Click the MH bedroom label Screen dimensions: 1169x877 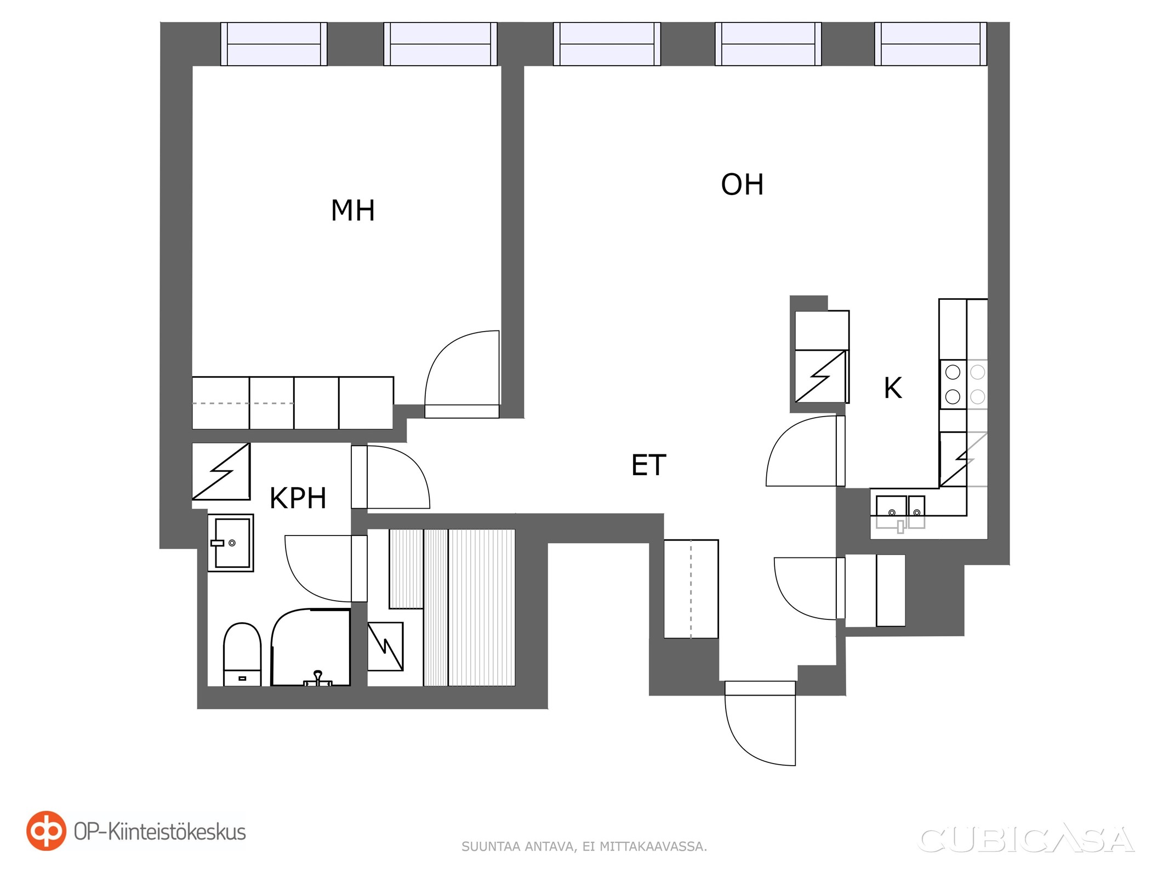[x=352, y=210]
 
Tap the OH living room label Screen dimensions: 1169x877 [x=742, y=185]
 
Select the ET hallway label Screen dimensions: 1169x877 [x=648, y=465]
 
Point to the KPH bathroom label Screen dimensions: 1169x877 [x=298, y=498]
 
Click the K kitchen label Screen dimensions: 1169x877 [x=893, y=388]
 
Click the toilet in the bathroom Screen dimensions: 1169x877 [x=242, y=654]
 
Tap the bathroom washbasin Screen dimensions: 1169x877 [x=231, y=543]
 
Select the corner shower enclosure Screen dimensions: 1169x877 [x=311, y=647]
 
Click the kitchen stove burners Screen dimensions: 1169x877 [x=964, y=384]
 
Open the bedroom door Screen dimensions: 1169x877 [x=461, y=374]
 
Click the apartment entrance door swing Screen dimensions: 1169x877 [x=760, y=723]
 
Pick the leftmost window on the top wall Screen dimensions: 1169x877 [x=274, y=44]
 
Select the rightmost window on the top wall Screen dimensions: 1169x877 [x=931, y=44]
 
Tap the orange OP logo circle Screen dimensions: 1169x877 [x=46, y=830]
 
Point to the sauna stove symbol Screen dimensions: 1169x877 [x=385, y=646]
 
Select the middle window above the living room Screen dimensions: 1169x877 [x=607, y=44]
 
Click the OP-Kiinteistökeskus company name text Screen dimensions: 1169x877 [x=159, y=832]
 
